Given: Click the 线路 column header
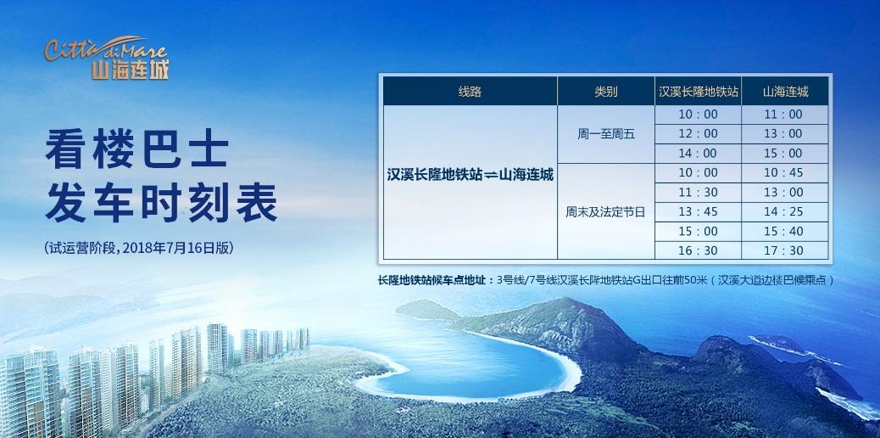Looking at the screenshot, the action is (470, 92).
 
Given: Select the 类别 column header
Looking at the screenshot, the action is (606, 92).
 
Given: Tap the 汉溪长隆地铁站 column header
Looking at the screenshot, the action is (699, 92).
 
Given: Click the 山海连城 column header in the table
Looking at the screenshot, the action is (785, 92).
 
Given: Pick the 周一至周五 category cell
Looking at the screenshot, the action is (606, 134).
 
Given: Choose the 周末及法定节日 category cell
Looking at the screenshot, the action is (606, 212).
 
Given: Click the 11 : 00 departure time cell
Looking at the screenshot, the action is (785, 115).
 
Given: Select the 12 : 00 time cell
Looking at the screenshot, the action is (699, 134).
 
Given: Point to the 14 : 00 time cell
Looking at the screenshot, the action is (699, 154).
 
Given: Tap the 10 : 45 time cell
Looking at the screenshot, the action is (785, 173).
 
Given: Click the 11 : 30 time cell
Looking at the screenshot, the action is (699, 193).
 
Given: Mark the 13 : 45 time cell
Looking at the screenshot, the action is (699, 212).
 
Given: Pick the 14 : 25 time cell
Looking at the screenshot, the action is (785, 212).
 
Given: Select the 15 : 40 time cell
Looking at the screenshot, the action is (785, 232).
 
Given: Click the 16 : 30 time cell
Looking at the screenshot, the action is (699, 250).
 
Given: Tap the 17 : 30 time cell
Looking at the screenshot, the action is (785, 250).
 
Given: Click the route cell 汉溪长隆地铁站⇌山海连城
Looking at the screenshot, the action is (470, 176).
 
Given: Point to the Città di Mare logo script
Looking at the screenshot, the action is (106, 48).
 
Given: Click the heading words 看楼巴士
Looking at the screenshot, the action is (137, 150).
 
